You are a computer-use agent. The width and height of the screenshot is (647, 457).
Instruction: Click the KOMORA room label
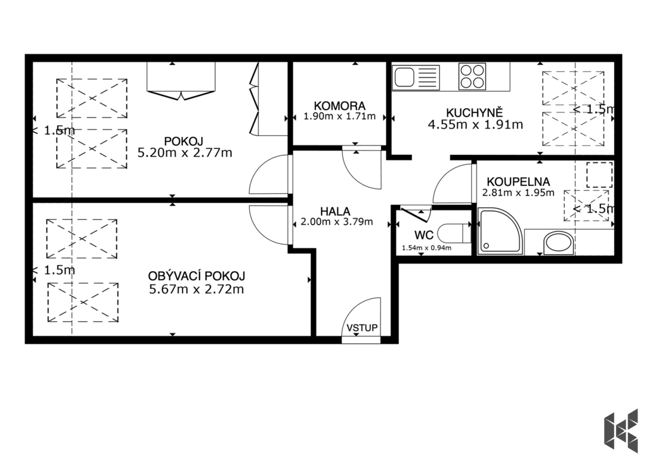pyautogui.click(x=339, y=106)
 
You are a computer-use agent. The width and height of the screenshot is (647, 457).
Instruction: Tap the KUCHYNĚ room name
pyautogui.click(x=475, y=113)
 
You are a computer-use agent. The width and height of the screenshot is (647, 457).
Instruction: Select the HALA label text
pyautogui.click(x=335, y=212)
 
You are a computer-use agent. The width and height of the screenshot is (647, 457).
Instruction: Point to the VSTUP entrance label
pyautogui.click(x=362, y=328)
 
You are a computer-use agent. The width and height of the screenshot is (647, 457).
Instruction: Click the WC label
pyautogui.click(x=424, y=235)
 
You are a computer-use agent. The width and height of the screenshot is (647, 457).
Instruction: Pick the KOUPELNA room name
pyautogui.click(x=518, y=181)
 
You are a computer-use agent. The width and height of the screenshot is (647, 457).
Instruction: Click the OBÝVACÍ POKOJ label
pyautogui.click(x=197, y=276)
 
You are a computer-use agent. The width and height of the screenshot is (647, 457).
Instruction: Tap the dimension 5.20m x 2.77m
pyautogui.click(x=185, y=153)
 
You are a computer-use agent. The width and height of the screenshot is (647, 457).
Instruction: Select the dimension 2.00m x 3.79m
pyautogui.click(x=337, y=222)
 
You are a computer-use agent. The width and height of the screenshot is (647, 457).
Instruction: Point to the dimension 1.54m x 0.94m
pyautogui.click(x=426, y=248)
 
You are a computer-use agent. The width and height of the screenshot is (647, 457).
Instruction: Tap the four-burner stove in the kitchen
pyautogui.click(x=472, y=76)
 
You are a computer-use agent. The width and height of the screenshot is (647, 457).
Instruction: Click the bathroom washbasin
pyautogui.click(x=559, y=243)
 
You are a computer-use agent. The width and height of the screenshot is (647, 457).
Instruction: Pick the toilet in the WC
pyautogui.click(x=453, y=234)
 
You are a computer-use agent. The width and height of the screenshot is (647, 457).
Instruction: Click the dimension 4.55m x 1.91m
pyautogui.click(x=475, y=125)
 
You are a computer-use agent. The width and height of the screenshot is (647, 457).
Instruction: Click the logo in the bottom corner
pyautogui.click(x=620, y=429)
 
